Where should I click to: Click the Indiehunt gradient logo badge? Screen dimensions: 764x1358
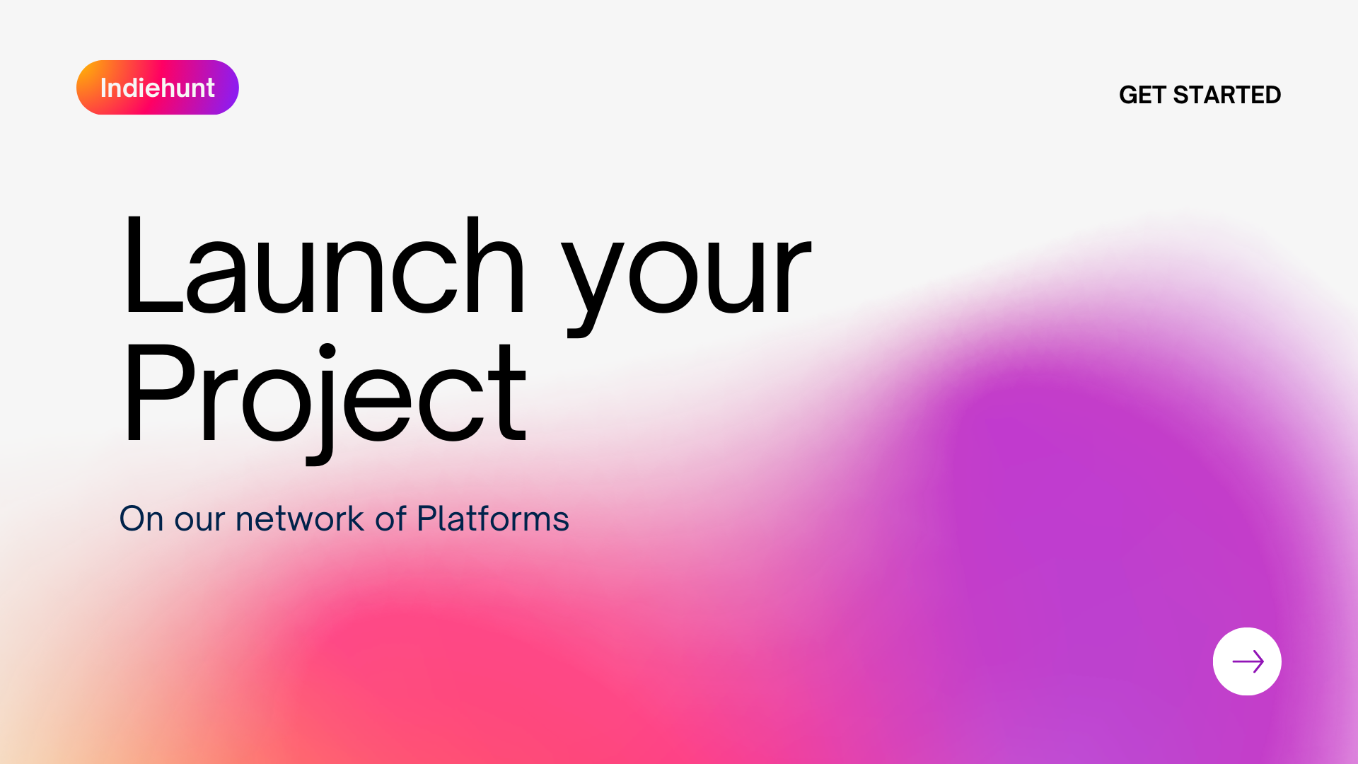coord(157,88)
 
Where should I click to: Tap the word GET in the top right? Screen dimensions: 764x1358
coord(1142,95)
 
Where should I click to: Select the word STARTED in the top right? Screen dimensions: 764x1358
coord(1226,95)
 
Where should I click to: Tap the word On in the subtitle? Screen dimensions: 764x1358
coord(141,519)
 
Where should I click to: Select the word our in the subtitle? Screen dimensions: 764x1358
coord(200,520)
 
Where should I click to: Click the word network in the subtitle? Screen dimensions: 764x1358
coord(300,519)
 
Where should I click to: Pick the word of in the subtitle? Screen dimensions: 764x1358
coord(390,519)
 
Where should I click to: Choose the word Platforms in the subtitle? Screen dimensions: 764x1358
coord(493,519)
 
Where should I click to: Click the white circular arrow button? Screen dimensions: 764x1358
coord(1247,661)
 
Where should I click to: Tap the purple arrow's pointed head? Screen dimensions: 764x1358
coord(1259,661)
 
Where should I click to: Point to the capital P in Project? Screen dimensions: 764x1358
coord(158,393)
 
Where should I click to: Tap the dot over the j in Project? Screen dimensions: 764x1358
coord(327,352)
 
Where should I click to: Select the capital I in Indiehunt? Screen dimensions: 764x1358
coord(103,88)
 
